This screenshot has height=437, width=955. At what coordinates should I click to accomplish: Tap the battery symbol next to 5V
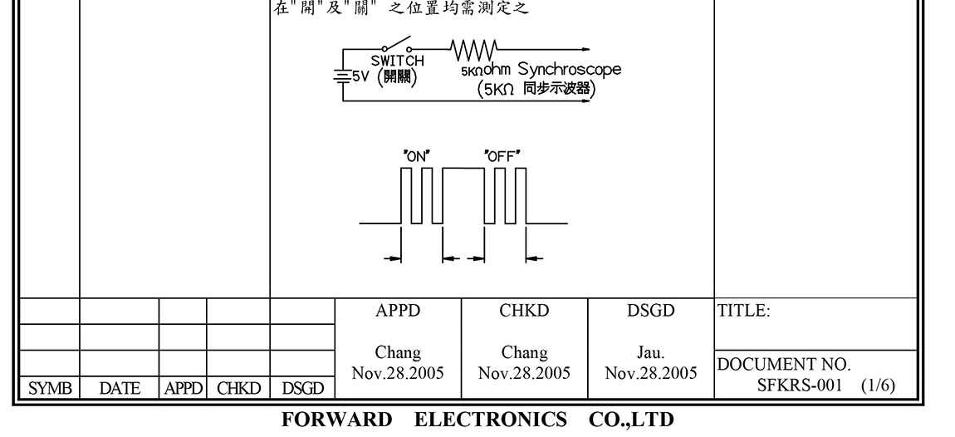coord(341,77)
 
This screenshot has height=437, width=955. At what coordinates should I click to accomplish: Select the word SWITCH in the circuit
coord(397,61)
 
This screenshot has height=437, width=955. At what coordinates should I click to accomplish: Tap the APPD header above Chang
coord(398,311)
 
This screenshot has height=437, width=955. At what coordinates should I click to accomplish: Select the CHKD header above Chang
coord(525,311)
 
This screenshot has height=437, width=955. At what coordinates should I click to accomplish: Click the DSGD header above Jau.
coord(651,311)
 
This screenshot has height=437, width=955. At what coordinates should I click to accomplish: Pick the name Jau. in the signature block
coord(651,353)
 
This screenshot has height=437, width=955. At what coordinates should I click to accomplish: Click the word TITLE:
coord(744,312)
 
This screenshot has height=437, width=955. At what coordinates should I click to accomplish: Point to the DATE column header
coord(120,388)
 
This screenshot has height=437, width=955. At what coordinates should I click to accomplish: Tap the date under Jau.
coord(651,373)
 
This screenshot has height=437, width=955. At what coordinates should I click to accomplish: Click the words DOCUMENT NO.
coord(784,365)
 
